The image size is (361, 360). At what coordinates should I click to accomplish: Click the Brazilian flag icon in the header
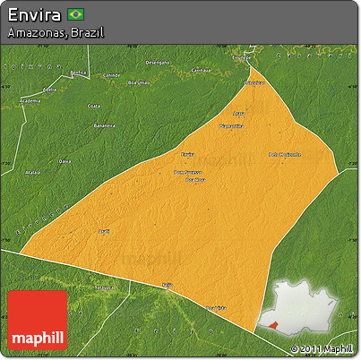tap(75, 14)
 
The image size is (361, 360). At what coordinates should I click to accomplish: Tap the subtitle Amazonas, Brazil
tap(55, 32)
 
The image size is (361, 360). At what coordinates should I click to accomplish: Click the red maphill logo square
tap(37, 321)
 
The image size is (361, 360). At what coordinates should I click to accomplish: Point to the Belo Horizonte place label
tap(285, 154)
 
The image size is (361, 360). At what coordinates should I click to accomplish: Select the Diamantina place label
tap(231, 126)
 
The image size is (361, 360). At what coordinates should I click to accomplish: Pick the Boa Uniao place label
tap(139, 82)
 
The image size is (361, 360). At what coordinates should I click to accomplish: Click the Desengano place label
tap(157, 63)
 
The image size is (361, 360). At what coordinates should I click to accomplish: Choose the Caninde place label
tap(111, 74)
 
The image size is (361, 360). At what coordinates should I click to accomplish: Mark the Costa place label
tap(93, 106)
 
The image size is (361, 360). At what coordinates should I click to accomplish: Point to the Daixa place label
tap(64, 161)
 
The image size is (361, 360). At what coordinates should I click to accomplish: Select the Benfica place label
tap(78, 73)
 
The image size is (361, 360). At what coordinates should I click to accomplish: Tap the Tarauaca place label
tap(106, 288)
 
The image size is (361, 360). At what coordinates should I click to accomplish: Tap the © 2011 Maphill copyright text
tap(322, 348)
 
